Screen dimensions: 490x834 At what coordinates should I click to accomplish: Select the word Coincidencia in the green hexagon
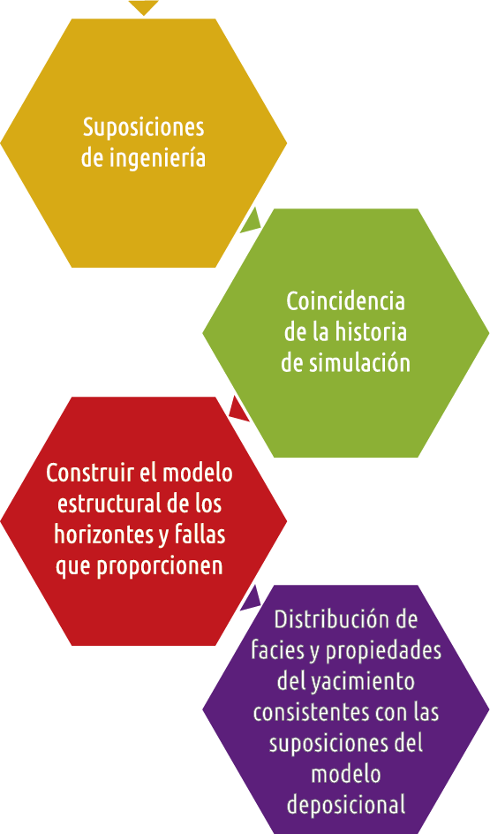click(x=345, y=301)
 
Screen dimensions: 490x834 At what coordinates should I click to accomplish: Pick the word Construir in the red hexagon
click(x=89, y=473)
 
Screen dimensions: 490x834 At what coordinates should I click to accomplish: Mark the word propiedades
click(x=383, y=651)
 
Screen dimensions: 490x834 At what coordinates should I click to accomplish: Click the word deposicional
click(x=346, y=805)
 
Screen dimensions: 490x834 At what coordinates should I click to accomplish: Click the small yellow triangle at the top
click(x=144, y=7)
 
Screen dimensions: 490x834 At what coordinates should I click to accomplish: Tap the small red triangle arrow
click(x=239, y=411)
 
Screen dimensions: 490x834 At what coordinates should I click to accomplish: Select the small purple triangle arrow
click(x=251, y=598)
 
